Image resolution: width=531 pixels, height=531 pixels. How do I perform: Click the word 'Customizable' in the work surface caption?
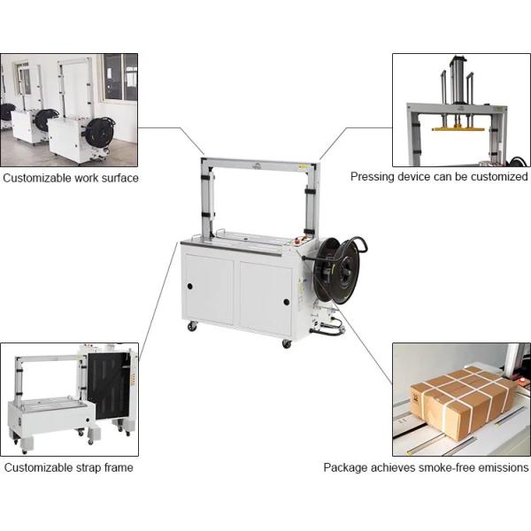click(37, 178)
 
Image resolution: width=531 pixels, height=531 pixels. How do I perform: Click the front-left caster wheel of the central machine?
click(192, 327)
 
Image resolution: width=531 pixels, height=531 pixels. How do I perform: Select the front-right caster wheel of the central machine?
click(286, 343)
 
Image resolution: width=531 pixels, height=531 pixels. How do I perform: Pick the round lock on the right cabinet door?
click(286, 302)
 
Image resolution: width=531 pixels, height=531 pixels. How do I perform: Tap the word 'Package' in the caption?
click(347, 467)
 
